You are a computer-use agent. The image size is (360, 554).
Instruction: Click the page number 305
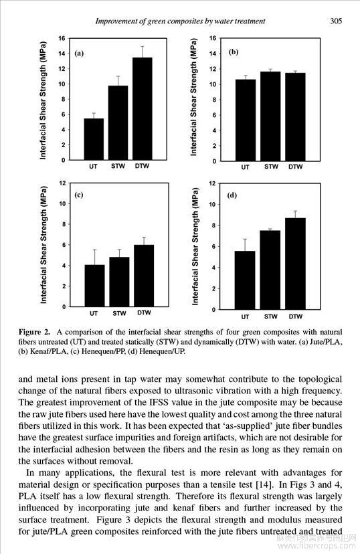[x=336, y=21]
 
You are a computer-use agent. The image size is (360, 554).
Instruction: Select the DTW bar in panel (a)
[x=143, y=109]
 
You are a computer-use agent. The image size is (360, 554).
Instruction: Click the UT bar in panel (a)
[x=94, y=139]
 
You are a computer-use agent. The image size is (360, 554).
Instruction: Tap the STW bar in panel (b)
[x=270, y=116]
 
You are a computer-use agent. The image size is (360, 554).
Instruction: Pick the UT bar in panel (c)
[x=94, y=286]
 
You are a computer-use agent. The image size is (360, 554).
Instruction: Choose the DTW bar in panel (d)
[x=295, y=264]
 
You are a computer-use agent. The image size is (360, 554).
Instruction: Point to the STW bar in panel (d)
[x=270, y=270]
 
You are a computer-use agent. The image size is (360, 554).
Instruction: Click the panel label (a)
[x=79, y=54]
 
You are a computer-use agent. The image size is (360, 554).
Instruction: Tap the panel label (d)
[x=232, y=195]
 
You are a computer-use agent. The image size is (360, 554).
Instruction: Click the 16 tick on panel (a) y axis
[x=62, y=38]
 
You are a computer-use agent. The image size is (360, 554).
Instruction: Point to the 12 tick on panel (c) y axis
[x=62, y=183]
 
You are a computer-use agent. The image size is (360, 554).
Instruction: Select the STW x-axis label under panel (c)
[x=119, y=313]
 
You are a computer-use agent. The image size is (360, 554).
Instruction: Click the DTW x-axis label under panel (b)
[x=295, y=167]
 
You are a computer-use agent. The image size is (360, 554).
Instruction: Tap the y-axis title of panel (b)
[x=193, y=97]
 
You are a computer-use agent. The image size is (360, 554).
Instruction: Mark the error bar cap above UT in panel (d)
[x=245, y=239]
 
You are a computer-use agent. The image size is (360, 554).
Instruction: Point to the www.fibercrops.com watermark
[x=317, y=546]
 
